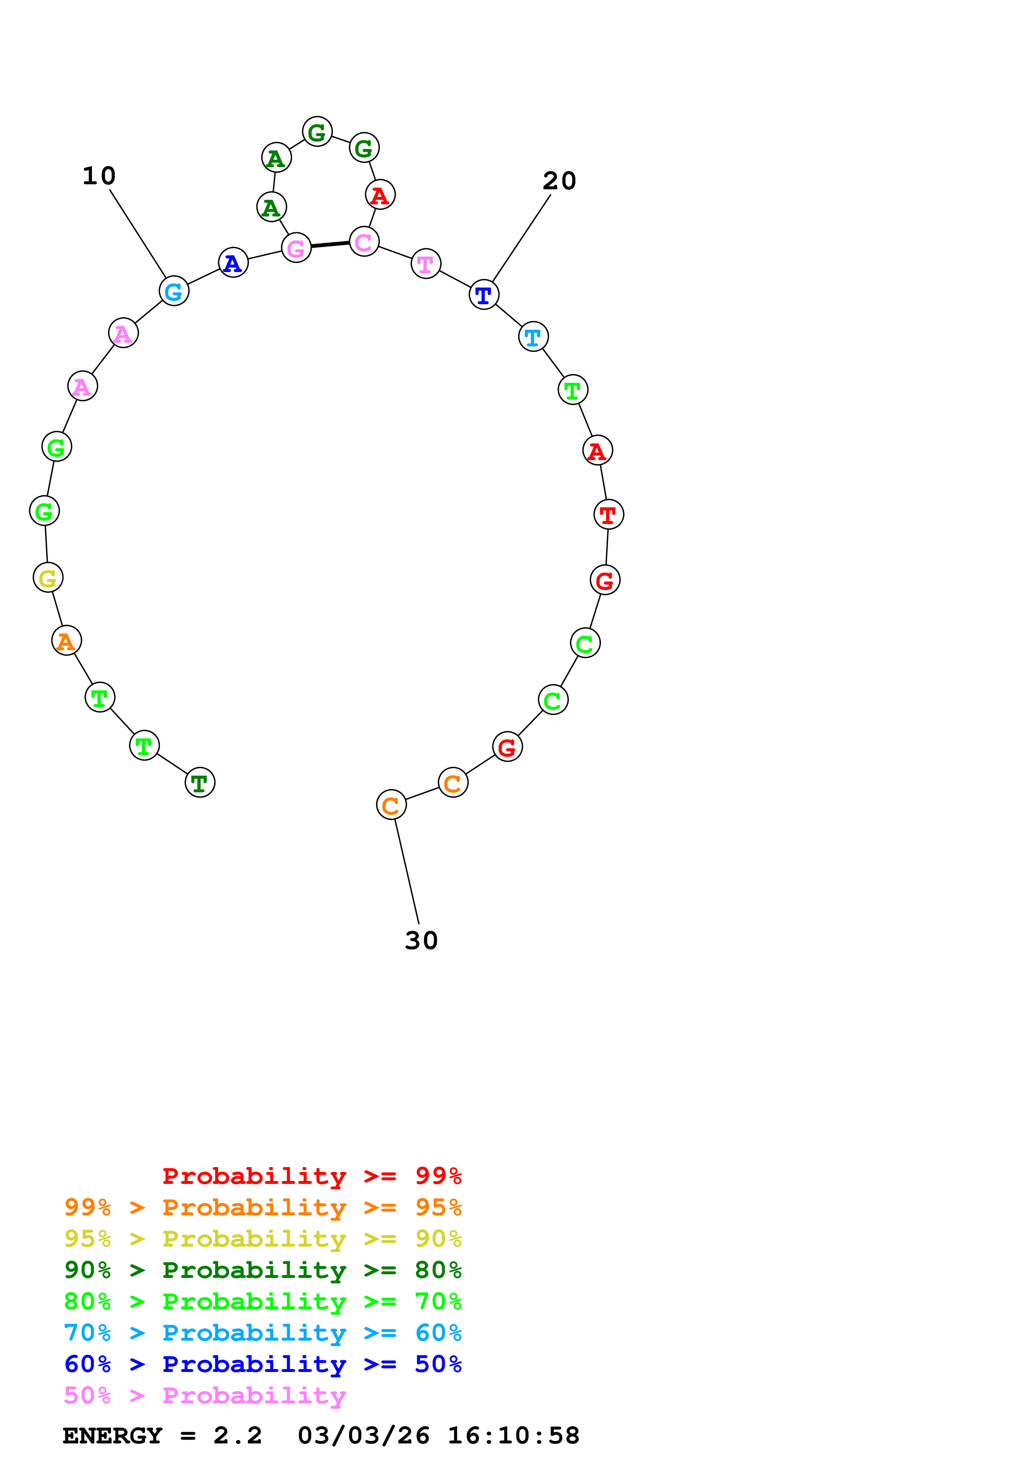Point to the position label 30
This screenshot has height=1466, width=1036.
coord(421,941)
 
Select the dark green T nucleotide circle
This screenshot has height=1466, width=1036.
coord(200,782)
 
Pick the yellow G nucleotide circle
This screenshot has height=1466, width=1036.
coord(48,578)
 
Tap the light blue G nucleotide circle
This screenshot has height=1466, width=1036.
coord(173,291)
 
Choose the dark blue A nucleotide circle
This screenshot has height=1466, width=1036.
coord(233,262)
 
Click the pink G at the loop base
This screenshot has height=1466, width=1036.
coord(296,248)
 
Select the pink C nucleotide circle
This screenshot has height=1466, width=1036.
coord(364,242)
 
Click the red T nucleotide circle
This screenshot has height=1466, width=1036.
coord(608,514)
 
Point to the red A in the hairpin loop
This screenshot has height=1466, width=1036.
coord(380,195)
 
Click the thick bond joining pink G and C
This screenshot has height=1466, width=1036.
coord(330,244)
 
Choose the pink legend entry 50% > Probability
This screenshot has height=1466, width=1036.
coord(205,1396)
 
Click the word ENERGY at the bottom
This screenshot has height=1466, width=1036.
coord(112,1436)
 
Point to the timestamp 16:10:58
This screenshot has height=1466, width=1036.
coord(513,1436)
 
